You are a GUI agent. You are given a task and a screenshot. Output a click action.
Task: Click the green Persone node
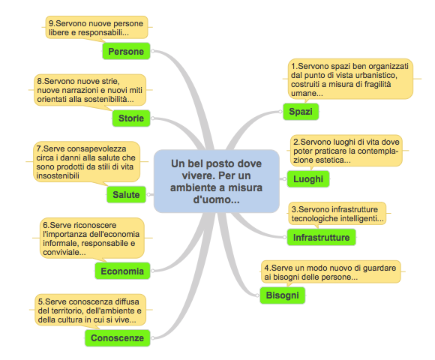click(126, 51)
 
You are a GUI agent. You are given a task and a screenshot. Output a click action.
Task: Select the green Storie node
click(131, 118)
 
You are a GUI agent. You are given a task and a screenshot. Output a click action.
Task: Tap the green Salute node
click(126, 194)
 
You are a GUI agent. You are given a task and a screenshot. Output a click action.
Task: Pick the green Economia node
click(122, 271)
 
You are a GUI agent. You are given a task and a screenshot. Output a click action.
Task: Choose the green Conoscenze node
click(117, 337)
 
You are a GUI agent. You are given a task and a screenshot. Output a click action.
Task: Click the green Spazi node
click(301, 112)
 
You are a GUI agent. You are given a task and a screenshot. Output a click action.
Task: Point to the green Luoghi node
click(308, 179)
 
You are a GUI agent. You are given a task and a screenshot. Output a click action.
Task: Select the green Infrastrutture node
click(321, 237)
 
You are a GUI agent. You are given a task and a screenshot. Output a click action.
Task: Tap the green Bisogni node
click(283, 295)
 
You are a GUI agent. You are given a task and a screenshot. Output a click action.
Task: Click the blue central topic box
click(217, 181)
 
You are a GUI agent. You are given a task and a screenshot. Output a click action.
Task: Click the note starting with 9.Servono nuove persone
click(97, 28)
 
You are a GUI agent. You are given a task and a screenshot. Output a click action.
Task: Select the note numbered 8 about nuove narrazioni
click(90, 90)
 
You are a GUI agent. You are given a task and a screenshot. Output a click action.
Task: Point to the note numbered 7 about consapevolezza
click(86, 162)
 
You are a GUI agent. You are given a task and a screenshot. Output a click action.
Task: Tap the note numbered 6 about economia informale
click(92, 238)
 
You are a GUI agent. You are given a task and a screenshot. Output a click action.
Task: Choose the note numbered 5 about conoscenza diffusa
click(90, 310)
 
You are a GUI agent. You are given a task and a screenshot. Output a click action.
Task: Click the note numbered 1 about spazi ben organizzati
click(350, 79)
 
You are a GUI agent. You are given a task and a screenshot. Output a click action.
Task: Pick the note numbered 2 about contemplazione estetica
click(346, 151)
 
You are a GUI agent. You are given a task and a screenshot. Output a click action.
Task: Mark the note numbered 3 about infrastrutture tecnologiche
click(337, 213)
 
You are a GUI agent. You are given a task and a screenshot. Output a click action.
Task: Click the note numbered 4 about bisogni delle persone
click(331, 271)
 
